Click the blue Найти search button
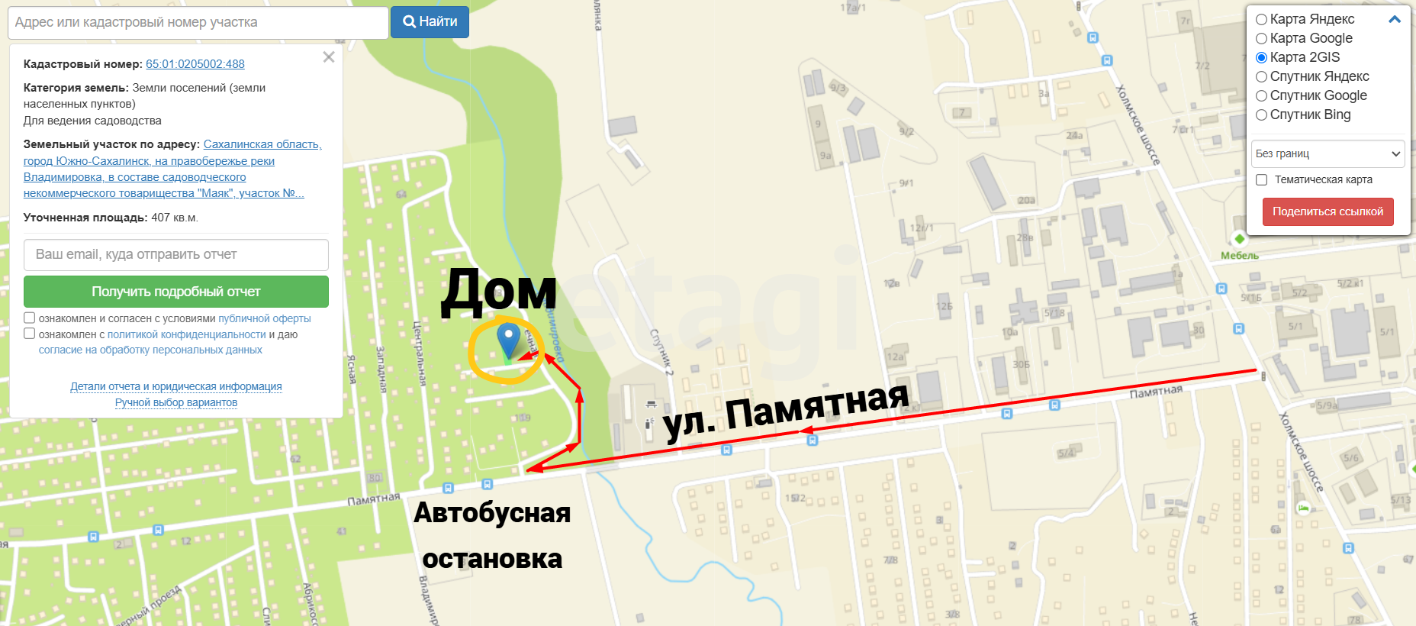point(430,22)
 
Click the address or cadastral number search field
point(198,23)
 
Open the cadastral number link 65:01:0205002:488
point(195,64)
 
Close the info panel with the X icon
point(329,57)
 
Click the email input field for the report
point(176,255)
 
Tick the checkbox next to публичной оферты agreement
point(30,318)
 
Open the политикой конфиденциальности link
point(186,334)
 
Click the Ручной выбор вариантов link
point(176,402)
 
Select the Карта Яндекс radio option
point(1262,19)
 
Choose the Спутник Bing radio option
point(1262,115)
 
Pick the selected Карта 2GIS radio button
point(1262,57)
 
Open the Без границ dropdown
point(1327,153)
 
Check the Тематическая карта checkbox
point(1262,179)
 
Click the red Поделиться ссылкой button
point(1327,211)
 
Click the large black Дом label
point(499,291)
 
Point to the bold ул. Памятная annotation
point(786,412)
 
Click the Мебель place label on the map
point(1240,256)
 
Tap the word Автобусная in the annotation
point(492,513)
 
